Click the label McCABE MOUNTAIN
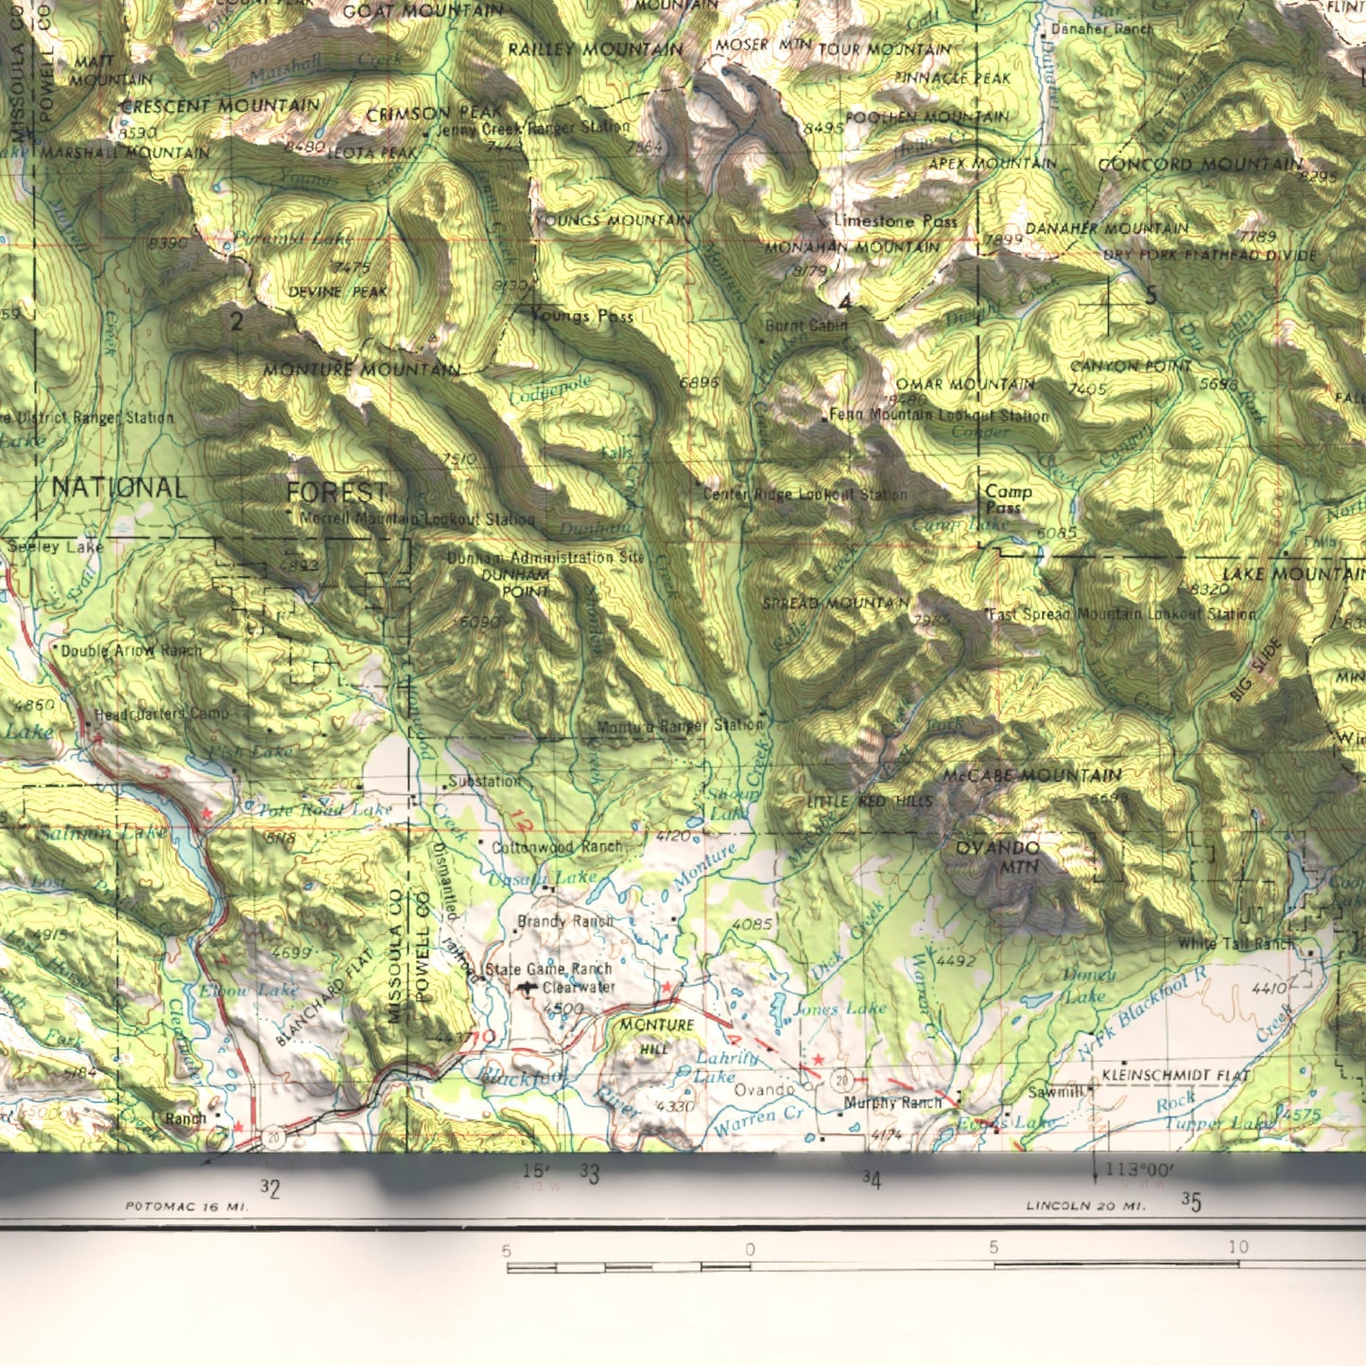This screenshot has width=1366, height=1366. (1032, 776)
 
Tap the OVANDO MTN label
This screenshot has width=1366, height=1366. (997, 856)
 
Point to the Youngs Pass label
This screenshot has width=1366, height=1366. (583, 316)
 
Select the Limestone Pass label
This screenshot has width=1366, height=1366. (895, 221)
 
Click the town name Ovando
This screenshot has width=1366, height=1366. (764, 1090)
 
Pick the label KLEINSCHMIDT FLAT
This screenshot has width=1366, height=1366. (1175, 1076)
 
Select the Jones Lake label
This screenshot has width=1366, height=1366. (840, 1009)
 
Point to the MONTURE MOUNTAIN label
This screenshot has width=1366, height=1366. (362, 370)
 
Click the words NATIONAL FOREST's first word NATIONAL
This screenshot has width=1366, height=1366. (119, 488)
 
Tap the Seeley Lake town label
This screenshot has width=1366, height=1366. (44, 546)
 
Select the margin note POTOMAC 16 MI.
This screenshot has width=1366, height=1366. (186, 1206)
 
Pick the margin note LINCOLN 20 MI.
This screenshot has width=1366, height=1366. (1086, 1206)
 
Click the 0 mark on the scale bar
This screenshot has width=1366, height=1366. (750, 1250)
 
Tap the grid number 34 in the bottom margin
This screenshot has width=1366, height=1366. (871, 1179)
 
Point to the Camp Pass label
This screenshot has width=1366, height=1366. (1008, 499)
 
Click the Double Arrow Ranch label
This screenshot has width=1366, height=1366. (130, 651)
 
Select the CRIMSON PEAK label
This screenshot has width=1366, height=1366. (434, 114)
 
